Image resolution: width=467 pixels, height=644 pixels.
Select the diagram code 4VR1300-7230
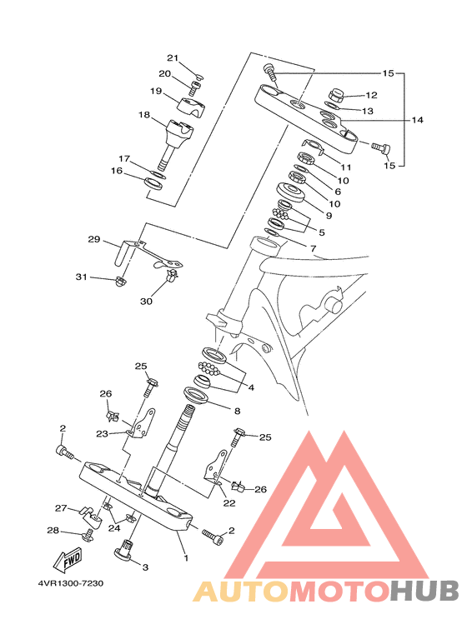click(71, 583)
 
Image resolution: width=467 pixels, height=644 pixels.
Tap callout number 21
click(173, 57)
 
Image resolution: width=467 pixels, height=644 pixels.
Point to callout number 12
click(371, 95)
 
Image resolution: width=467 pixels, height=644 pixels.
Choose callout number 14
click(417, 120)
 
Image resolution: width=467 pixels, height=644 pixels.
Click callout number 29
click(94, 238)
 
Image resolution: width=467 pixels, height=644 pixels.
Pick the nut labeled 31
click(120, 282)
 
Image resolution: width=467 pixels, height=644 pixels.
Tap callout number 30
click(146, 301)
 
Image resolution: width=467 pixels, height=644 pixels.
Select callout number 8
click(237, 411)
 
